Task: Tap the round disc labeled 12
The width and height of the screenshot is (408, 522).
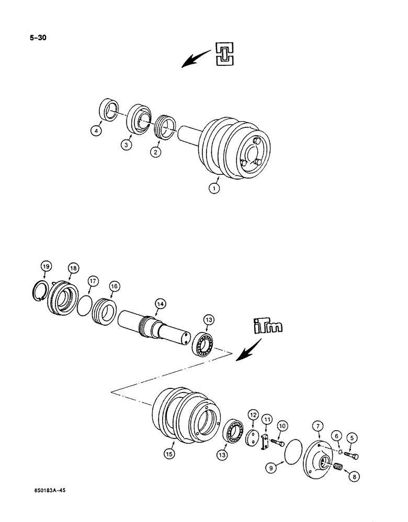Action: point(253,438)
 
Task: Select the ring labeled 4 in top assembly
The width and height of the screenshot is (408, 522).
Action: point(110,112)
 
